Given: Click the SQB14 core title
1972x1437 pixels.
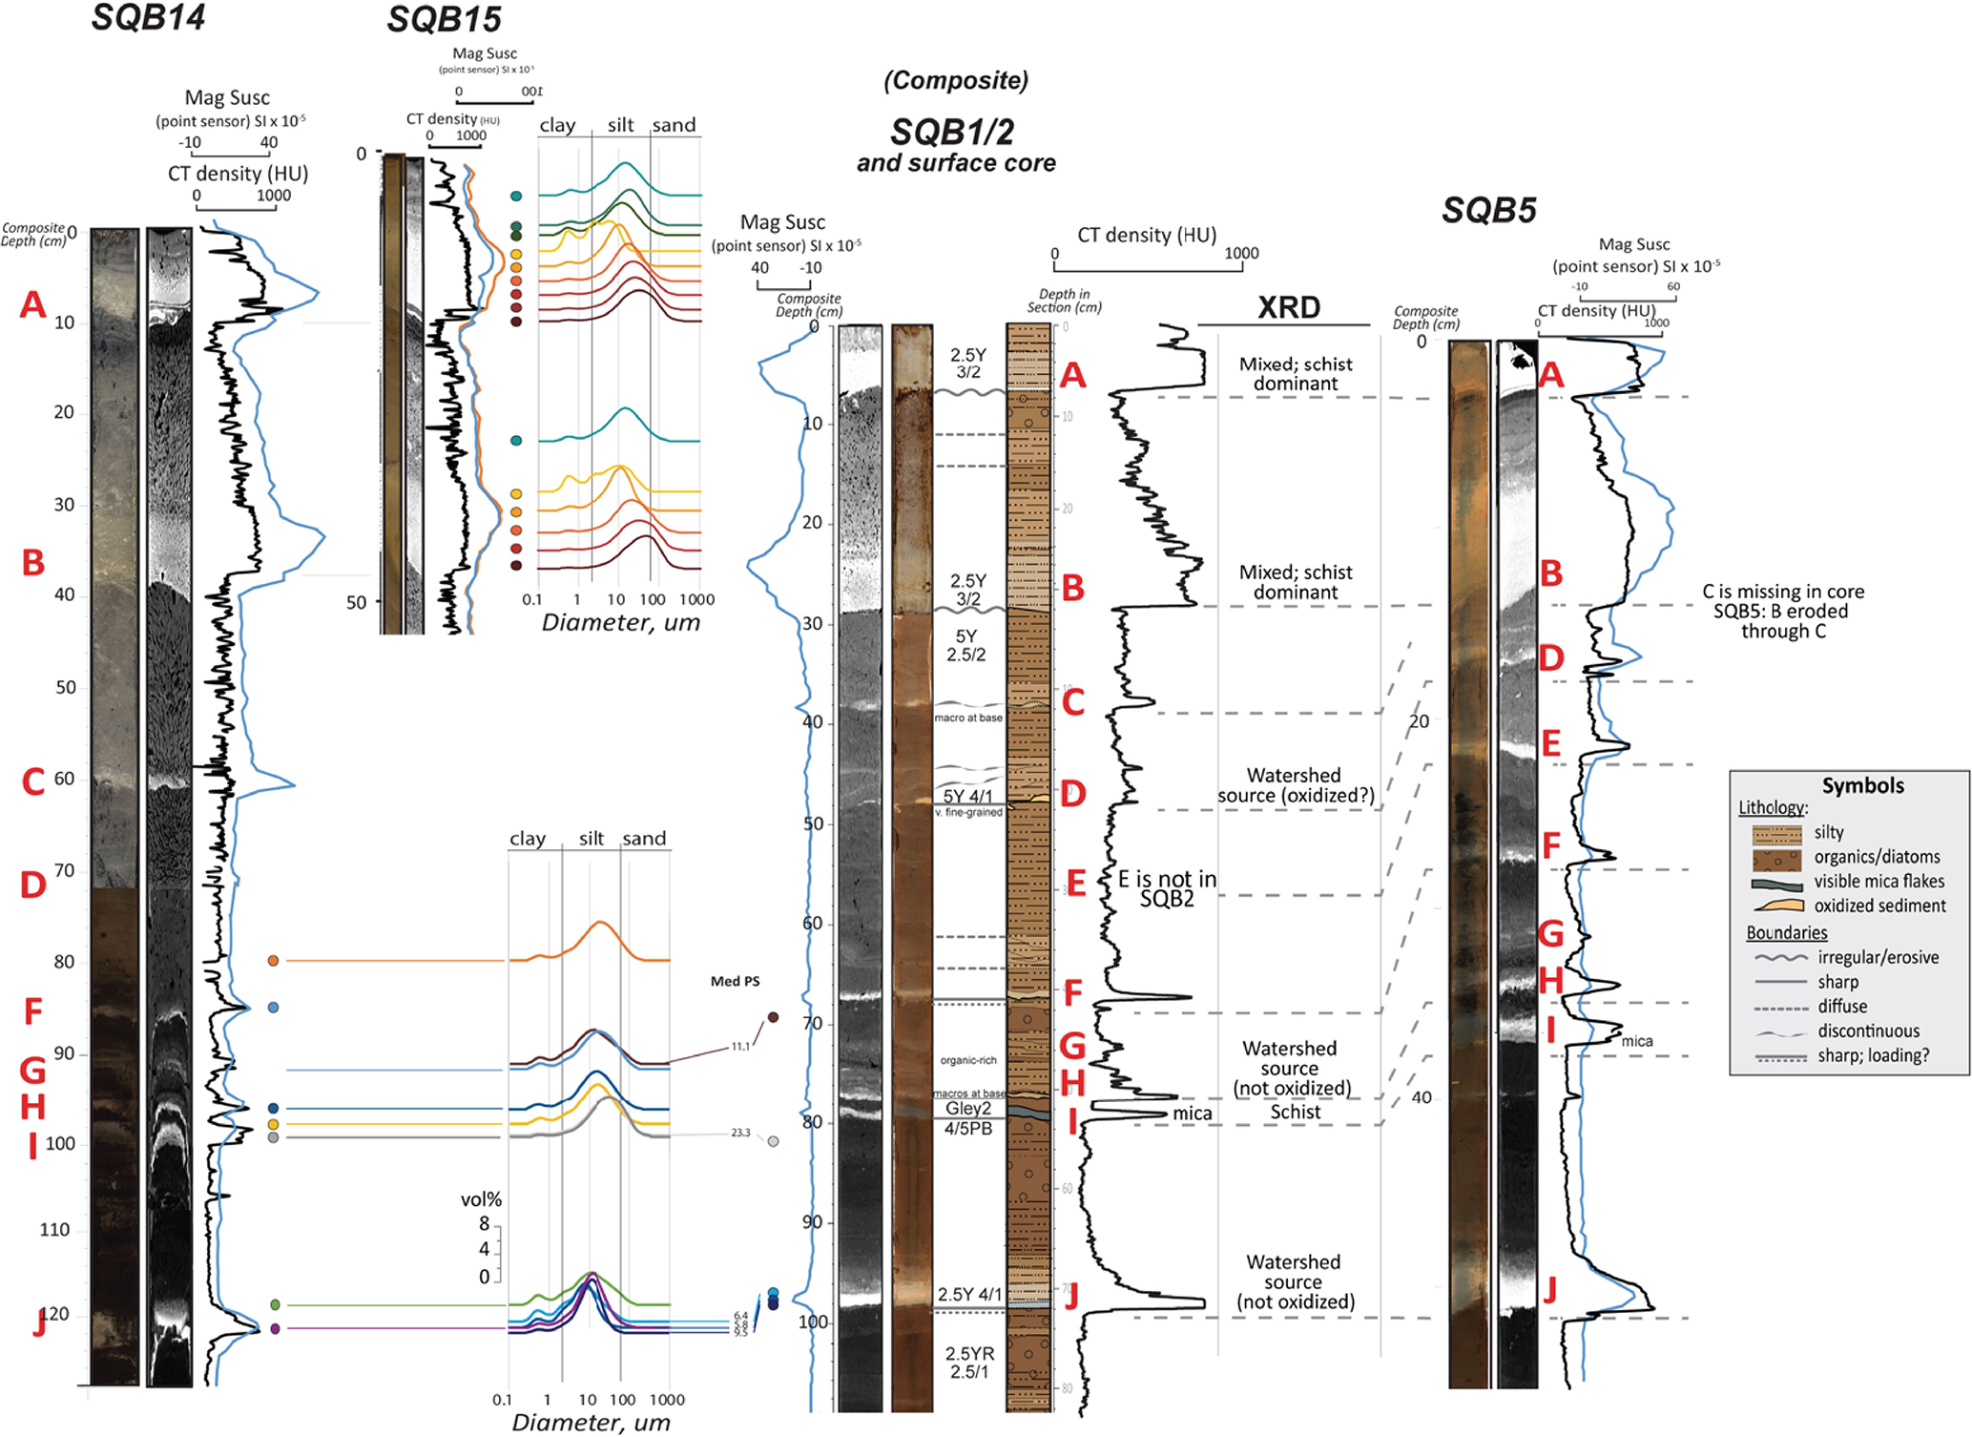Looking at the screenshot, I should (x=149, y=17).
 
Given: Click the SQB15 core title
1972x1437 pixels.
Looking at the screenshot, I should (x=444, y=19).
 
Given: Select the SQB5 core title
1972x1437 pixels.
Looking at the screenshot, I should (x=1488, y=210).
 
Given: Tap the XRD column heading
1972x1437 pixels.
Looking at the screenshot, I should (x=1288, y=307).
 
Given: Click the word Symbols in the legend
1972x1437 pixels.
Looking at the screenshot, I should (x=1862, y=785).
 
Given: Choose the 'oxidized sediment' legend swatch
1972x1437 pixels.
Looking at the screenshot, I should (x=1776, y=906).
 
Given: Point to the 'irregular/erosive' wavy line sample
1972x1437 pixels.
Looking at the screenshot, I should (x=1780, y=957).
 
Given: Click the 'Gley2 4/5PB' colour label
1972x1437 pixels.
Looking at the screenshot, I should (x=968, y=1118).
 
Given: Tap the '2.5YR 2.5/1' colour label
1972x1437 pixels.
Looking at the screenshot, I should (x=968, y=1363).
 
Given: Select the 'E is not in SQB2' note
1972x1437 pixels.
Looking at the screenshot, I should (x=1167, y=888).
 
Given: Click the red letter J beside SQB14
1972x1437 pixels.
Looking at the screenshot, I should (x=39, y=1323).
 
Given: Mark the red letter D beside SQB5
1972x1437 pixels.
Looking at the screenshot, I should (x=1551, y=657).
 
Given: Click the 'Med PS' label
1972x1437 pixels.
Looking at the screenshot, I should (x=735, y=981).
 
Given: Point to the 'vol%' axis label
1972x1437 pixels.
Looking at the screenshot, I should (x=481, y=1199).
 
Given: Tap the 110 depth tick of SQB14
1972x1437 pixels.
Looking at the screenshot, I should (x=54, y=1230).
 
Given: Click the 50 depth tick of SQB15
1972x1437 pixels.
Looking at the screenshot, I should (x=356, y=602).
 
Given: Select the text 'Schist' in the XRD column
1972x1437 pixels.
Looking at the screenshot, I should (x=1295, y=1112).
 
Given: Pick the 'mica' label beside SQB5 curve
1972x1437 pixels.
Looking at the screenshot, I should (x=1636, y=1041).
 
